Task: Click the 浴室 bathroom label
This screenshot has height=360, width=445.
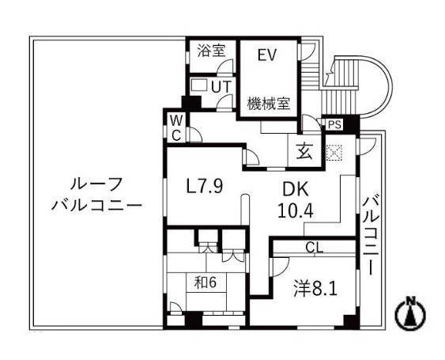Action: pyautogui.click(x=211, y=51)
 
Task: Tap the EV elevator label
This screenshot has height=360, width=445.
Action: pyautogui.click(x=267, y=55)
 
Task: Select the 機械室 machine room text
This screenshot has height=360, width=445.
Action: pyautogui.click(x=269, y=104)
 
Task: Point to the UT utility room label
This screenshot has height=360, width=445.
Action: pyautogui.click(x=221, y=87)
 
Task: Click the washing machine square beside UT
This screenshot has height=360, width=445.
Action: pyautogui.click(x=199, y=84)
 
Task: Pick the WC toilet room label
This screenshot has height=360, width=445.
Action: pyautogui.click(x=176, y=128)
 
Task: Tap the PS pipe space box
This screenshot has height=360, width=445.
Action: pyautogui.click(x=334, y=124)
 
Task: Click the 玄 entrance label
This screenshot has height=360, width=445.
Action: pyautogui.click(x=305, y=151)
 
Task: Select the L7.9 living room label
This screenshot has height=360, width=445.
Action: pyautogui.click(x=205, y=186)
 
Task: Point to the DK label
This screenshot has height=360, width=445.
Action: pyautogui.click(x=296, y=189)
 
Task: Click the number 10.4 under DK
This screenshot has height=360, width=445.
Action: pyautogui.click(x=296, y=210)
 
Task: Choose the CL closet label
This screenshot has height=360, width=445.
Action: pyautogui.click(x=315, y=248)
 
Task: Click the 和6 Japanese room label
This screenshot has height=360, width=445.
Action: pyautogui.click(x=206, y=282)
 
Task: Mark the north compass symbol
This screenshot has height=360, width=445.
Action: pyautogui.click(x=410, y=313)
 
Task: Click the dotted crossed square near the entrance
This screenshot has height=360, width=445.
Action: pyautogui.click(x=334, y=153)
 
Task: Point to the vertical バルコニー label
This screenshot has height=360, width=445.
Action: pyautogui.click(x=371, y=235)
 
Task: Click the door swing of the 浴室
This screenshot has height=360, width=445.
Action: pyautogui.click(x=225, y=66)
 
